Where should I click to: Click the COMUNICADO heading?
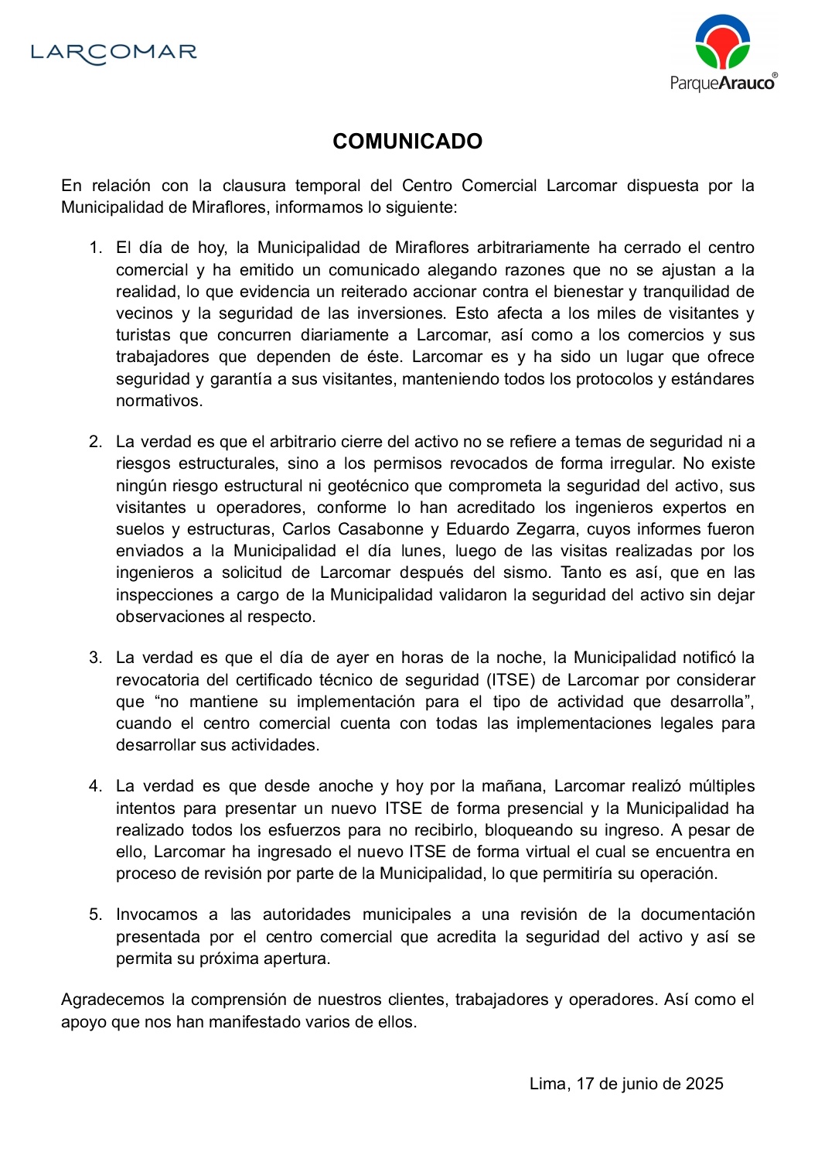click(407, 142)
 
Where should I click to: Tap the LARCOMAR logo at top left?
click(114, 53)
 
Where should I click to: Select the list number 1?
click(95, 248)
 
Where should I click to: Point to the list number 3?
click(95, 658)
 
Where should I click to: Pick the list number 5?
click(95, 915)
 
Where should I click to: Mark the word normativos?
click(159, 402)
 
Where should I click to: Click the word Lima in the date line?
click(548, 1085)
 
